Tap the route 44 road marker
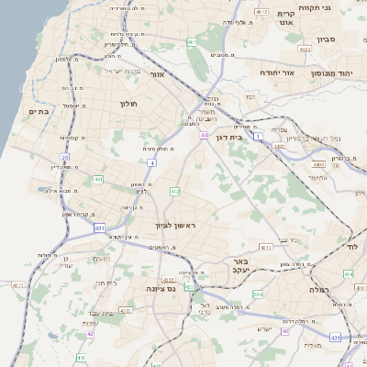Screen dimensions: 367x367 (203, 135)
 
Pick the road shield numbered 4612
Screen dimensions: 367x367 (261, 12)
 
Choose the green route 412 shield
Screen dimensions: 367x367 (174, 191)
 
